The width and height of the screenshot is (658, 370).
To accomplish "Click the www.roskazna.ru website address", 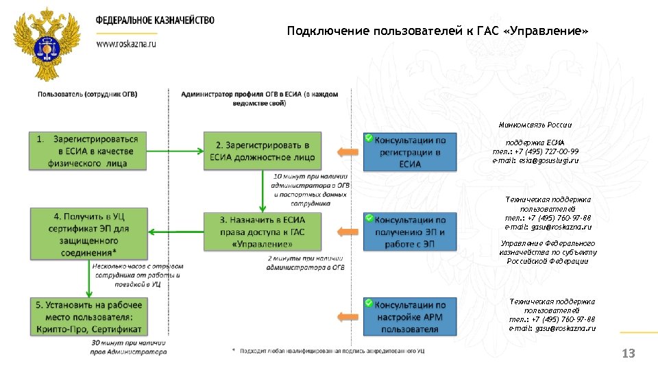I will [126, 42].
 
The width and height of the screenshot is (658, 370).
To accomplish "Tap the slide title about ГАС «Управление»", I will [437, 32].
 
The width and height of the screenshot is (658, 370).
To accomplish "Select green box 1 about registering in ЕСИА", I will [88, 151].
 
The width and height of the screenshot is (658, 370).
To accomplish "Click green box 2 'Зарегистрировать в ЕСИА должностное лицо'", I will [262, 151].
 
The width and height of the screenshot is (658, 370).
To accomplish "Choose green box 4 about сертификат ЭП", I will [88, 234].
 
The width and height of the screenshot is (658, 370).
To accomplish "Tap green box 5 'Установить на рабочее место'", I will [88, 316].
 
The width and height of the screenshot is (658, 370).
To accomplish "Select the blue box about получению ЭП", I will [410, 232].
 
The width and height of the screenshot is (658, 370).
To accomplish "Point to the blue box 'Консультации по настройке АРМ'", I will [410, 316].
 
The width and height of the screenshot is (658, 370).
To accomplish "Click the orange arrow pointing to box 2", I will [348, 151].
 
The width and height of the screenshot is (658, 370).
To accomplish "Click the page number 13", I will [628, 354].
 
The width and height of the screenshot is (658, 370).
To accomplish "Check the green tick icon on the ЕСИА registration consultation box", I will [369, 138].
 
